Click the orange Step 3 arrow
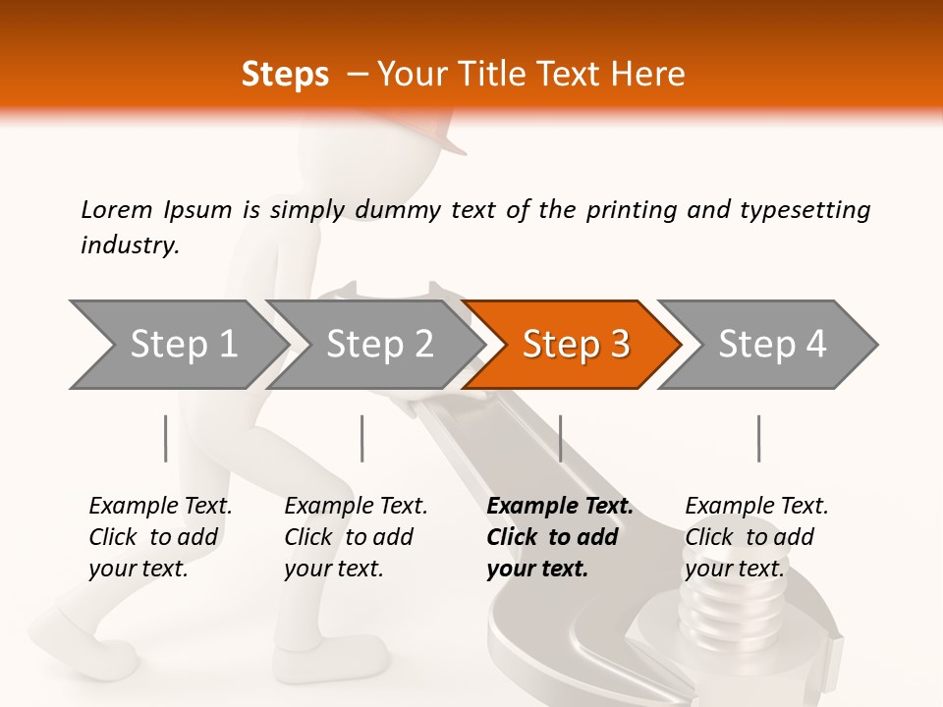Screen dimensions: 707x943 pos(575,345)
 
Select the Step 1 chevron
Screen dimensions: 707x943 pos(183,345)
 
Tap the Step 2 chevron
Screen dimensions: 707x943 pos(379,345)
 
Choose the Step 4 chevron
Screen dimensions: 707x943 pos(772,345)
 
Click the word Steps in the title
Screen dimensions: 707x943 pos(285,75)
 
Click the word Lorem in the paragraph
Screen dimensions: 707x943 pos(116,210)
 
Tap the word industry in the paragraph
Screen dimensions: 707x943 pos(129,246)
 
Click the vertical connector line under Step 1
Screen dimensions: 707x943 pos(166,438)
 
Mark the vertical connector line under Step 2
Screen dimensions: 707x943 pos(362,438)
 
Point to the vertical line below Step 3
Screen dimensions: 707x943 pos(560,438)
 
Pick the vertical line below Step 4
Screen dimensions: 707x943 pos(758,438)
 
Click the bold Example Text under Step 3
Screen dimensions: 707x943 pos(559,537)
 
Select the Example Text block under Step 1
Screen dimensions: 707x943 pos(160,537)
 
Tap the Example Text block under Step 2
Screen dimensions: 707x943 pos(356,537)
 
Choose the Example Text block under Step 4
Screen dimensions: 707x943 pos(756,537)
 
